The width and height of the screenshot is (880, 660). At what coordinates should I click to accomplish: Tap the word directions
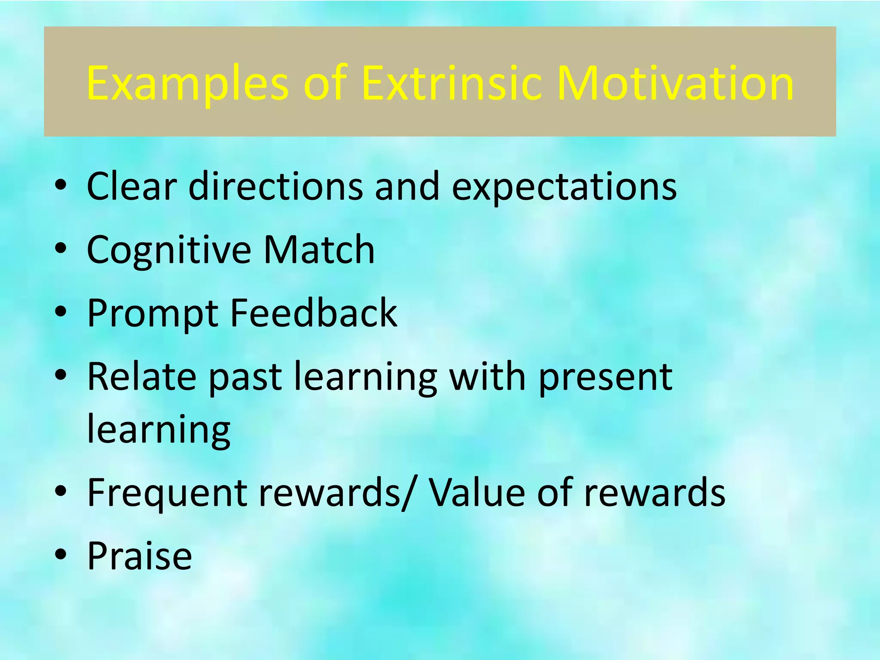[x=275, y=186]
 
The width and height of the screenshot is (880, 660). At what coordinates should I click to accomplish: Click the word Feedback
[x=314, y=313]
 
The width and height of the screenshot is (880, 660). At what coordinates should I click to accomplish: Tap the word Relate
[x=142, y=376]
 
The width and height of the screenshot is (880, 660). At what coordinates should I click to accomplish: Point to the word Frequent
[x=167, y=493]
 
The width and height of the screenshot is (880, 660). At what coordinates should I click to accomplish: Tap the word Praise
[x=140, y=556]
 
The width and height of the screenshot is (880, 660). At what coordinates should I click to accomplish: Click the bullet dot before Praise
[x=61, y=555]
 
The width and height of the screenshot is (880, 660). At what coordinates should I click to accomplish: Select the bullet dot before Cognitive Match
[x=61, y=248]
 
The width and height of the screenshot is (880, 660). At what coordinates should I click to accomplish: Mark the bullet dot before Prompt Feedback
[x=61, y=312]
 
